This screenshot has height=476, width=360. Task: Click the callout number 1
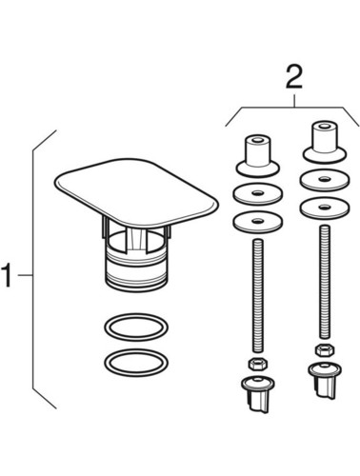pyautogui.click(x=8, y=275)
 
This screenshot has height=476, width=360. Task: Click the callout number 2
pyautogui.click(x=294, y=76)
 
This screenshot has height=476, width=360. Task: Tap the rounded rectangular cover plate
pyautogui.click(x=136, y=190)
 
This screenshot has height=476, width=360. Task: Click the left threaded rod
pyautogui.click(x=258, y=295)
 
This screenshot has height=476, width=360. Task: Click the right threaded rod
pyautogui.click(x=324, y=282)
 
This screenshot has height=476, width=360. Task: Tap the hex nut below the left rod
pyautogui.click(x=258, y=364)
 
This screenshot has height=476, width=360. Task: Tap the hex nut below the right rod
pyautogui.click(x=324, y=350)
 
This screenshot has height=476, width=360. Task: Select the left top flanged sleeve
pyautogui.click(x=258, y=156)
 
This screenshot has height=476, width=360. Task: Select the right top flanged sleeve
pyautogui.click(x=324, y=143)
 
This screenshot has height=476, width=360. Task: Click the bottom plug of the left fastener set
pyautogui.click(x=258, y=393)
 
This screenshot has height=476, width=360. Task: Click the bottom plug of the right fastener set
pyautogui.click(x=325, y=380)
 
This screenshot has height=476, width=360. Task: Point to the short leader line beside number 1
pyautogui.click(x=25, y=275)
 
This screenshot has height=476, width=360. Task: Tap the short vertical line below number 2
pyautogui.click(x=294, y=100)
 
